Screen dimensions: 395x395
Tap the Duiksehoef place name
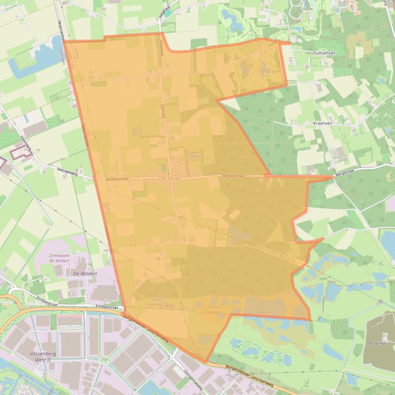(x=323, y=52)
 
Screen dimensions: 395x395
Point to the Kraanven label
(x=324, y=124)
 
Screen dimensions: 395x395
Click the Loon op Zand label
(x=160, y=304)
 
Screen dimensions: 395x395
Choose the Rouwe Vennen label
(x=207, y=310)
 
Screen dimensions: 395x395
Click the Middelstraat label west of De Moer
(x=117, y=179)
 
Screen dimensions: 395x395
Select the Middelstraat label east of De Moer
(x=234, y=176)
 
